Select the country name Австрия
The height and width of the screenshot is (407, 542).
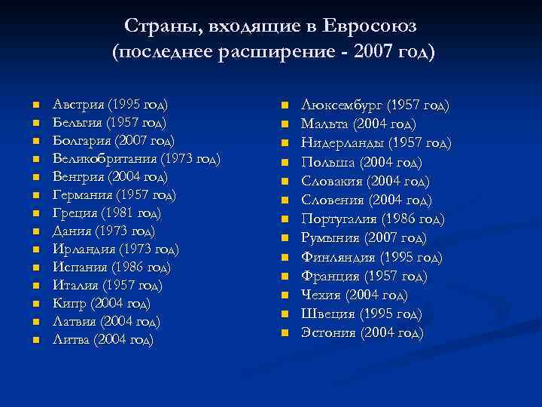tap(78, 104)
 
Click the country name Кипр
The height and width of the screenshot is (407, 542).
tap(69, 304)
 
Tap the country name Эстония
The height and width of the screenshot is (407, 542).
tap(329, 332)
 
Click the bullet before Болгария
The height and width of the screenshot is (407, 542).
tap(35, 141)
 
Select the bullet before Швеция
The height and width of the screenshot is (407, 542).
tap(285, 314)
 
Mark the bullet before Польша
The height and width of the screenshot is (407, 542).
tap(285, 163)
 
